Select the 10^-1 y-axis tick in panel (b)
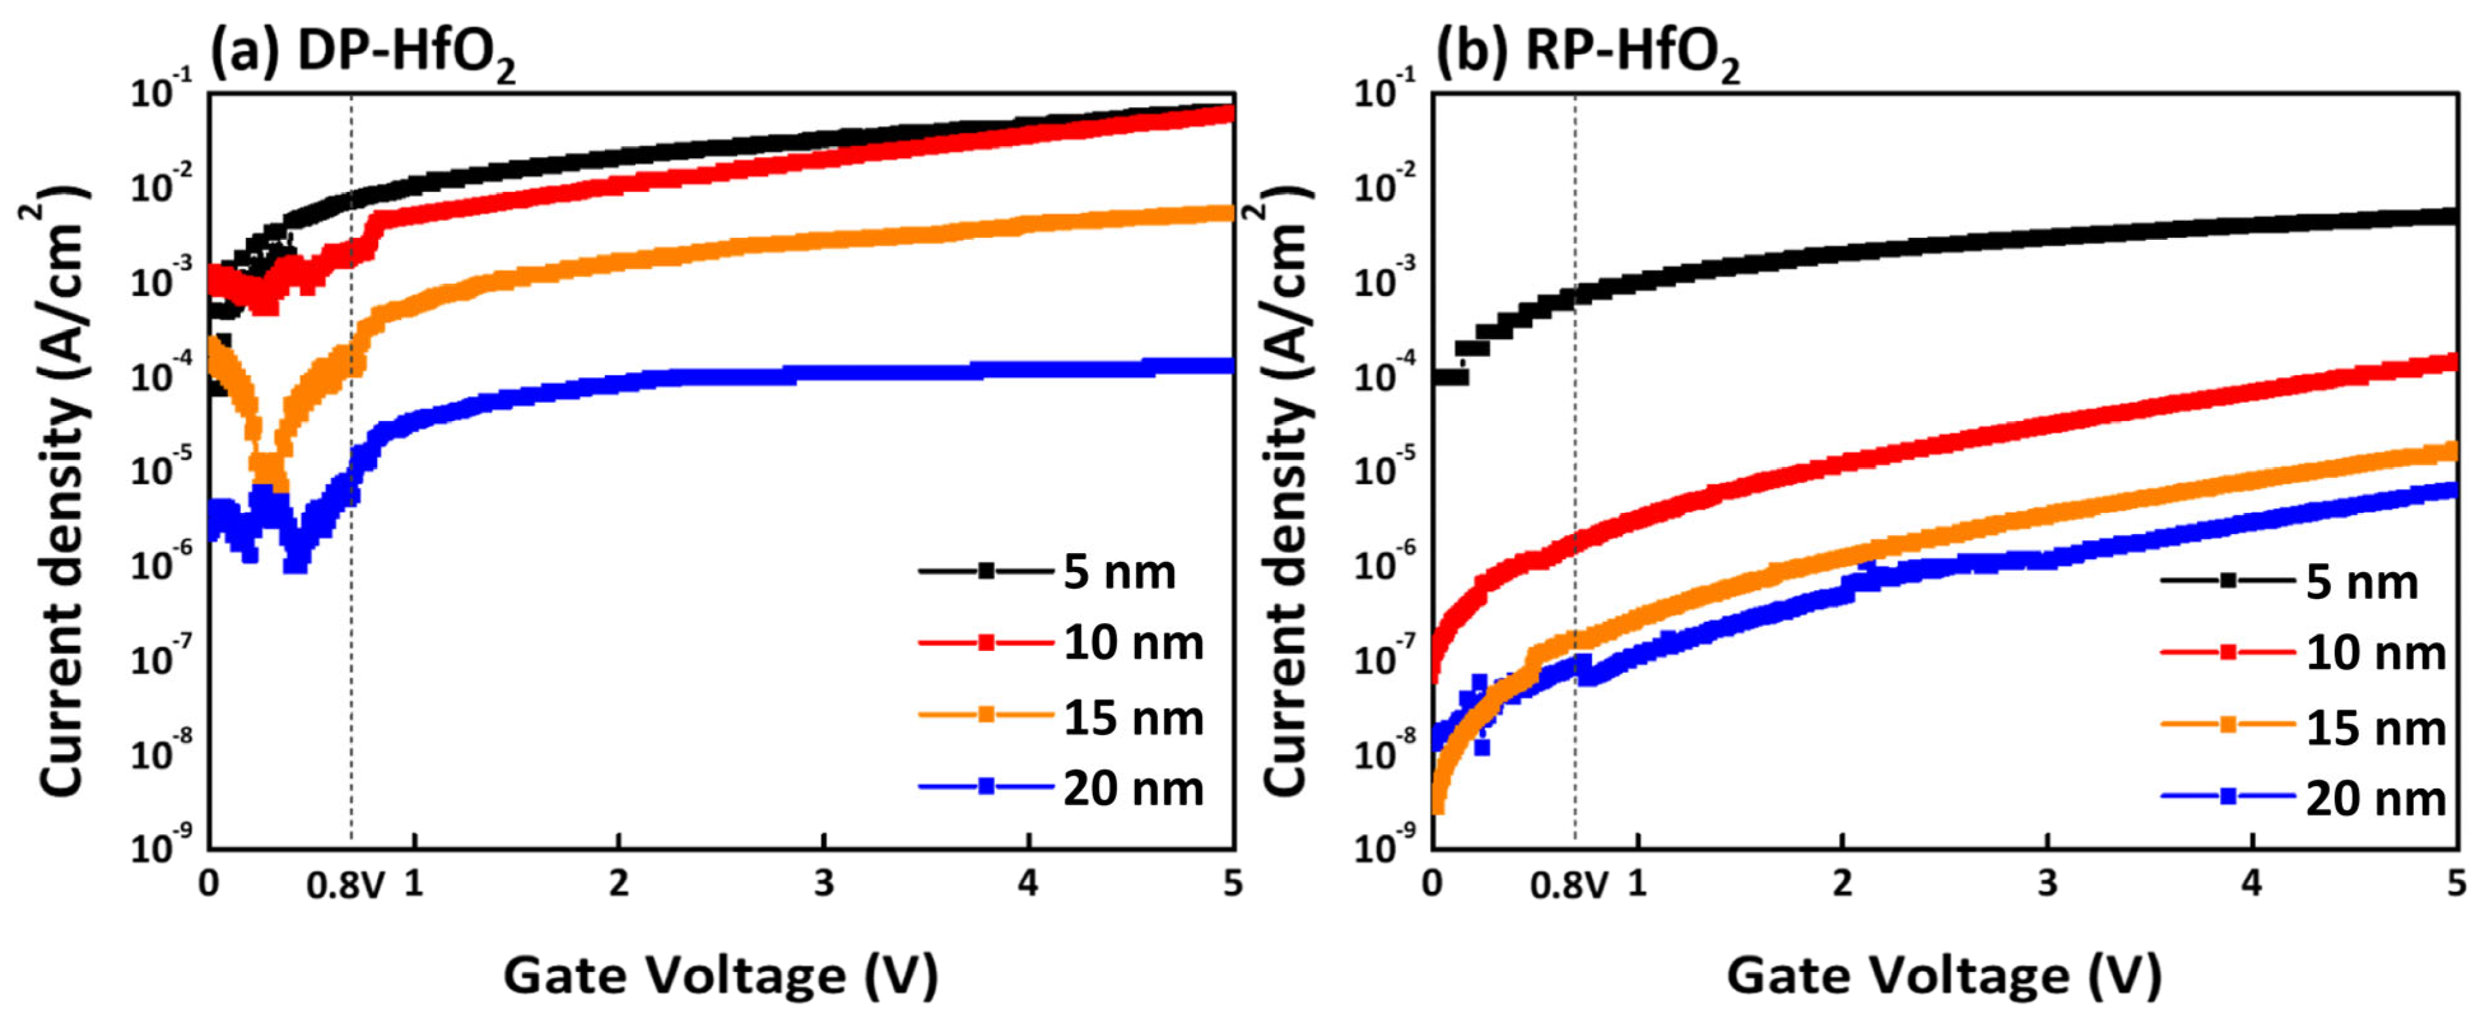pos(1383,92)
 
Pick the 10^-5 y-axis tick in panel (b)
pos(1383,469)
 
